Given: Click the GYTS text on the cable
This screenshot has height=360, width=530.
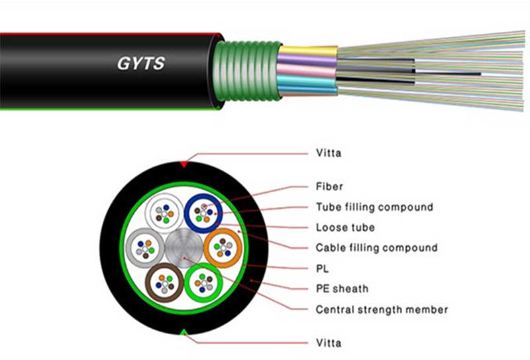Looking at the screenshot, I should point(140,64).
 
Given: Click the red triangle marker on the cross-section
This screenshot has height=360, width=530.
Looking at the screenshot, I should point(183,163).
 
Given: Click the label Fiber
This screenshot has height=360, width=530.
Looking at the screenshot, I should point(329,186).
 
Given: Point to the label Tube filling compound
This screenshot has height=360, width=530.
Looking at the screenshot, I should point(374,207).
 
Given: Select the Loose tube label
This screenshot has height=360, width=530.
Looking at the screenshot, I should point(345,227).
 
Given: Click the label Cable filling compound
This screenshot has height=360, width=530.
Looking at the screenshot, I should point(376,248).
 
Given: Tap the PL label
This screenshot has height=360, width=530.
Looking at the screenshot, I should point(323,269).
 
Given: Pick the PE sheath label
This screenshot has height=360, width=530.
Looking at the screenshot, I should point(342,289).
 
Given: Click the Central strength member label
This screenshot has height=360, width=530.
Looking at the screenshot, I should point(382,310).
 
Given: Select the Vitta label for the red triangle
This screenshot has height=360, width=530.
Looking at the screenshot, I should point(329,153).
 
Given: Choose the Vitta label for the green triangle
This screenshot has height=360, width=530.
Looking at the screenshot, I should point(329,342).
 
